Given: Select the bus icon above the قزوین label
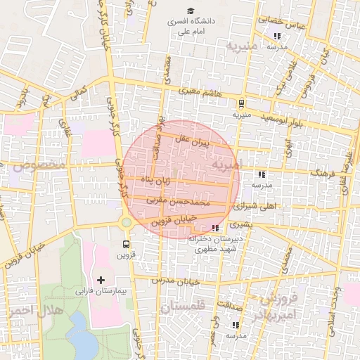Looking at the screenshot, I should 126,245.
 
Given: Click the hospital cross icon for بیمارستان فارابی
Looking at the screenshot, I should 101,280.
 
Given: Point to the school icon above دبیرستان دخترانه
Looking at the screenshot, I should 215,229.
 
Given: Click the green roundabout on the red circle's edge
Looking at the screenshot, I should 126,223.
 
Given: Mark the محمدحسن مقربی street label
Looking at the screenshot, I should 179,202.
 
